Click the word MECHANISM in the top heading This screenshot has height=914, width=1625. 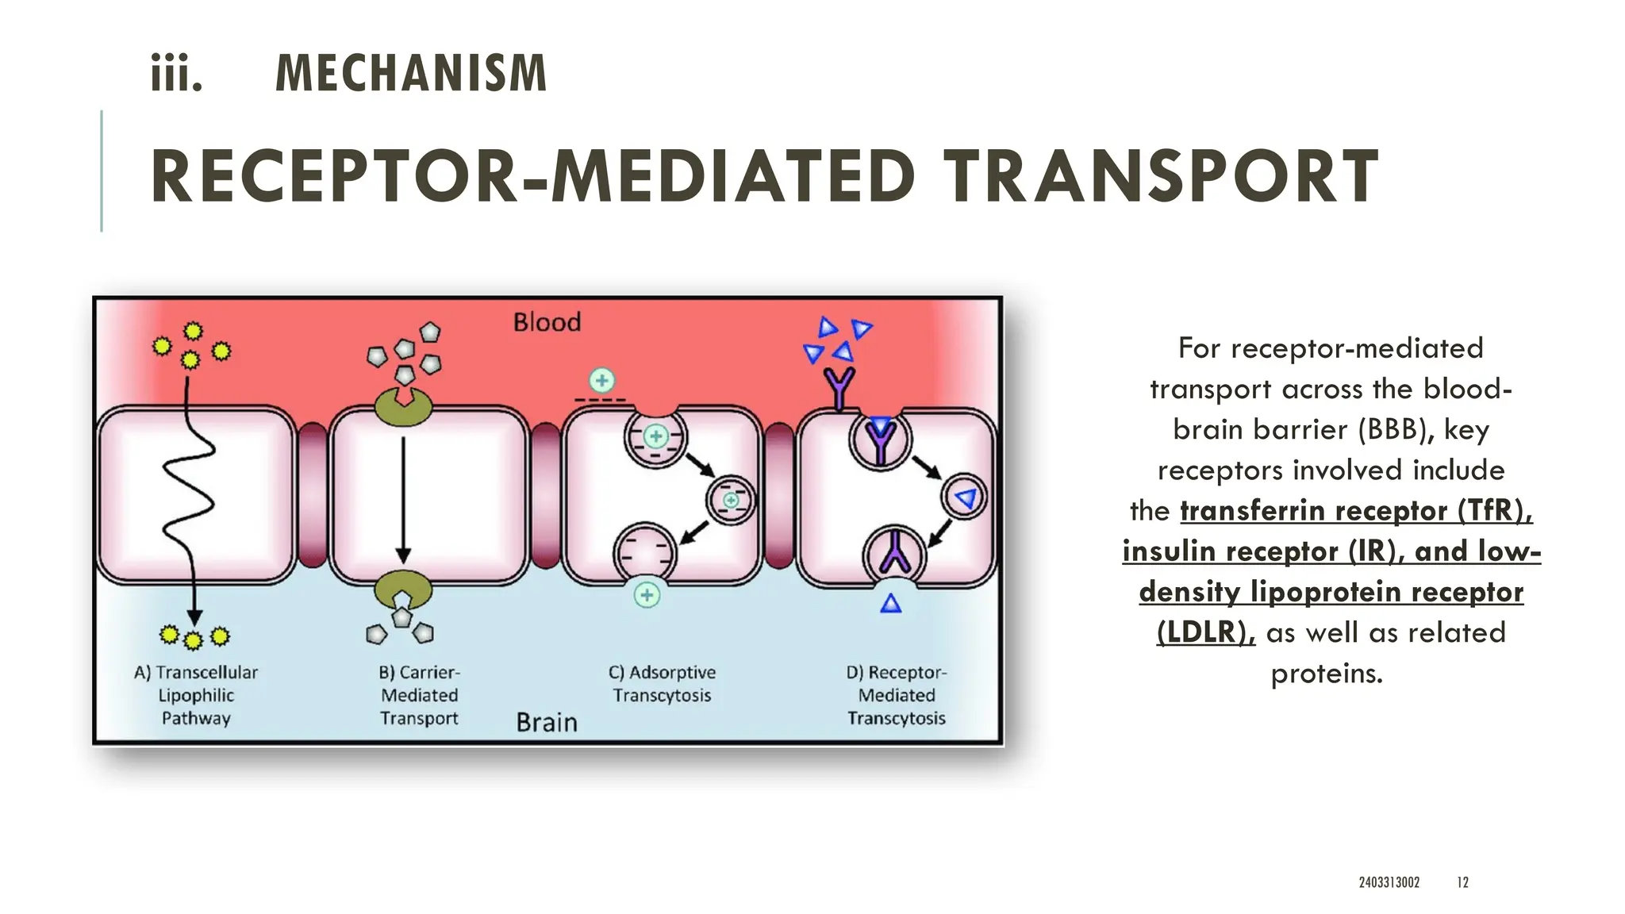pyautogui.click(x=410, y=74)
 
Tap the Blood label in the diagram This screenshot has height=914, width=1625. pyautogui.click(x=547, y=322)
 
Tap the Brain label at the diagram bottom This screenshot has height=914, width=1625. pyautogui.click(x=547, y=722)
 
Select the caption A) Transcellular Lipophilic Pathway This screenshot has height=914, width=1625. pyautogui.click(x=196, y=695)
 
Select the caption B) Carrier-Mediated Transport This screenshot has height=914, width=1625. pyautogui.click(x=419, y=695)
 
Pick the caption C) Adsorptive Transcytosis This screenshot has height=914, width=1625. pyautogui.click(x=662, y=684)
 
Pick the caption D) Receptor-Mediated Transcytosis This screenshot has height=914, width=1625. pyautogui.click(x=896, y=695)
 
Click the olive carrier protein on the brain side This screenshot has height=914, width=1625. pyautogui.click(x=403, y=589)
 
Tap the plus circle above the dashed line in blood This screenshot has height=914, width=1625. pyautogui.click(x=602, y=381)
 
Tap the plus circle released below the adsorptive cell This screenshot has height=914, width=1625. pyautogui.click(x=647, y=595)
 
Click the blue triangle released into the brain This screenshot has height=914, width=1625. pyautogui.click(x=891, y=605)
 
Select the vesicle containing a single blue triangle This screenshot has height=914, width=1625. pyautogui.click(x=964, y=497)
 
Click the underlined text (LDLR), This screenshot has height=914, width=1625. pyautogui.click(x=1205, y=632)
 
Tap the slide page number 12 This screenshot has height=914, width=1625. pyautogui.click(x=1462, y=882)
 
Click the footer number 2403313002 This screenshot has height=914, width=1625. pyautogui.click(x=1389, y=882)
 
